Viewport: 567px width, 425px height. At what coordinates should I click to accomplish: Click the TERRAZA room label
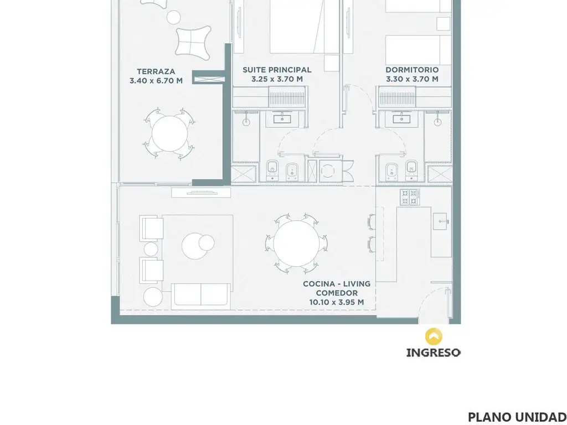pos(156,71)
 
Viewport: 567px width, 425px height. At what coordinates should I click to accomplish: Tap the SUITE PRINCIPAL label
pos(277,70)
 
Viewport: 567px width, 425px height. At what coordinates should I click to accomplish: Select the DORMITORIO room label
pos(412,70)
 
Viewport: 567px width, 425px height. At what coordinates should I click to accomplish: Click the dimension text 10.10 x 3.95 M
pos(337,302)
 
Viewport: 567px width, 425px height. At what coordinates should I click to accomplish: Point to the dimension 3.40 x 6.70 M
pos(156,81)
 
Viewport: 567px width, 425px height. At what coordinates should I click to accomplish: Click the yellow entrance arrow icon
pos(433,336)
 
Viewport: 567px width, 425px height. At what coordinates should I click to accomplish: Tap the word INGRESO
pos(433,353)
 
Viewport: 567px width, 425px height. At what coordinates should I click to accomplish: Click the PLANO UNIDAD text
pos(517,417)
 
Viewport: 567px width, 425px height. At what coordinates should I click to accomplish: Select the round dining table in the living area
pos(297,243)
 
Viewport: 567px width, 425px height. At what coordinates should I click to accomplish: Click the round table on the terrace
pos(169,133)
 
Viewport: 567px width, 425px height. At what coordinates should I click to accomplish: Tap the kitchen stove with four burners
pos(410,197)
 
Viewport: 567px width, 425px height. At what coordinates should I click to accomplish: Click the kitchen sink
pos(441,221)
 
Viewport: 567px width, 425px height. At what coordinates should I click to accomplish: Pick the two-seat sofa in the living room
pos(200,297)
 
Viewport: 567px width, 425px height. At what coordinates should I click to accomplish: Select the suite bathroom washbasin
pos(282,118)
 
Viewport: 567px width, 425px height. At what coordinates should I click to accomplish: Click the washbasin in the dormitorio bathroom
pos(401,118)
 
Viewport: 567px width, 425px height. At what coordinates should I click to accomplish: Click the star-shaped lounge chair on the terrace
pos(193,43)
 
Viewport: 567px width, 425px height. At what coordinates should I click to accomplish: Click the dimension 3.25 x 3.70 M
pos(277,79)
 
